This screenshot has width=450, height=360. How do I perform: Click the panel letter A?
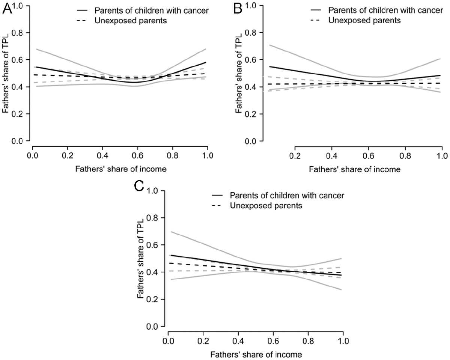tap(7, 10)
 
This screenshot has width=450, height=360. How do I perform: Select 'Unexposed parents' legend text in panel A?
tap(131, 21)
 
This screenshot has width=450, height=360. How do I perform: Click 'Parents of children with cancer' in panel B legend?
tap(385, 11)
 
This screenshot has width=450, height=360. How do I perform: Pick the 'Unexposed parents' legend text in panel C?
tap(266, 206)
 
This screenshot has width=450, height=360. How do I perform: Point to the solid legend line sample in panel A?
tap(82, 11)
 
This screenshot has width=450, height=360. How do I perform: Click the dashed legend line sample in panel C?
tap(217, 206)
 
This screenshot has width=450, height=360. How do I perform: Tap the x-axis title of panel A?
tap(121, 169)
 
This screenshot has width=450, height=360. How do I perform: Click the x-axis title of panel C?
tap(256, 354)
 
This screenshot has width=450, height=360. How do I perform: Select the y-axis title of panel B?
tap(238, 74)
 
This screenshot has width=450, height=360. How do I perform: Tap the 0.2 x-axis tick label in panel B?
tap(295, 156)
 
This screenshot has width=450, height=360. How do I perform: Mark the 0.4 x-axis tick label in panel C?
tap(238, 341)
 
